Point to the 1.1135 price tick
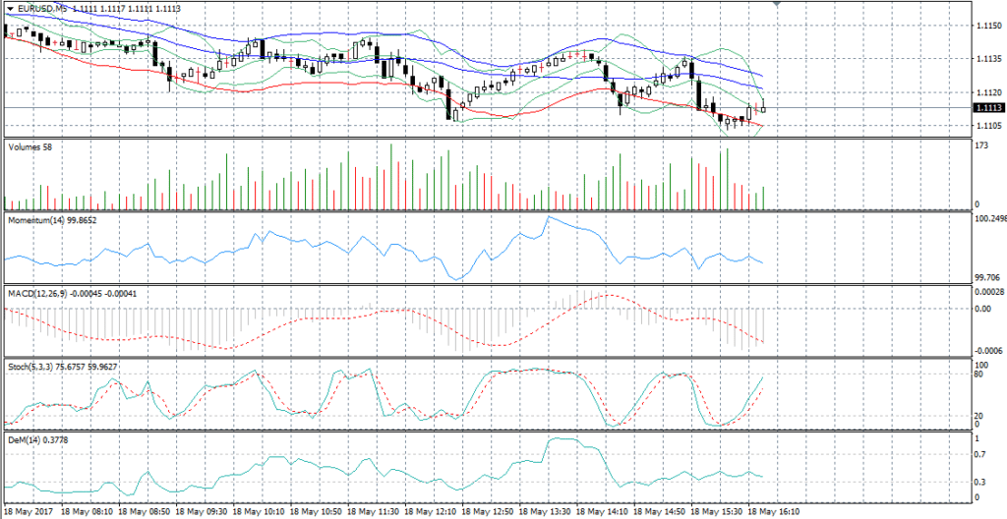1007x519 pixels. click(986, 58)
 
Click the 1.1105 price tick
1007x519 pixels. click(986, 125)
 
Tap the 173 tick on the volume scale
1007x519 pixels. click(980, 144)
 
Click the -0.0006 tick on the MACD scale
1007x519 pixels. click(987, 351)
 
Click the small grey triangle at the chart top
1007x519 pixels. click(778, 4)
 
